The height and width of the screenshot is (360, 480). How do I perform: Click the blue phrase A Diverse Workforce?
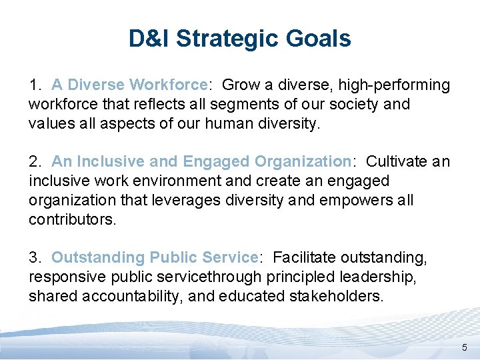pos(129,85)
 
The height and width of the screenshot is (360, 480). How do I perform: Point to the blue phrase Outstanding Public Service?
pos(154,257)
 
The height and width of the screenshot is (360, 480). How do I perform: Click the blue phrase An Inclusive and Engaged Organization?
pos(201,161)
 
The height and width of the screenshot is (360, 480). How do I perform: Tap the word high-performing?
pos(394,85)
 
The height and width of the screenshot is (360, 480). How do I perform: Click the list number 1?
pos(35,85)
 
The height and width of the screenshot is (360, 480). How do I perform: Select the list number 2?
pos(35,161)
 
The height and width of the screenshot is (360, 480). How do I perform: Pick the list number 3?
pos(35,257)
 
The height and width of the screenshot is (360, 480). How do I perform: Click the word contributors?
pos(72,219)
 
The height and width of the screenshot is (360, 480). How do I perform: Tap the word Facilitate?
pos(305,257)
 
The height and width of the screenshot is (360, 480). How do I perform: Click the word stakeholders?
pos(338,296)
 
